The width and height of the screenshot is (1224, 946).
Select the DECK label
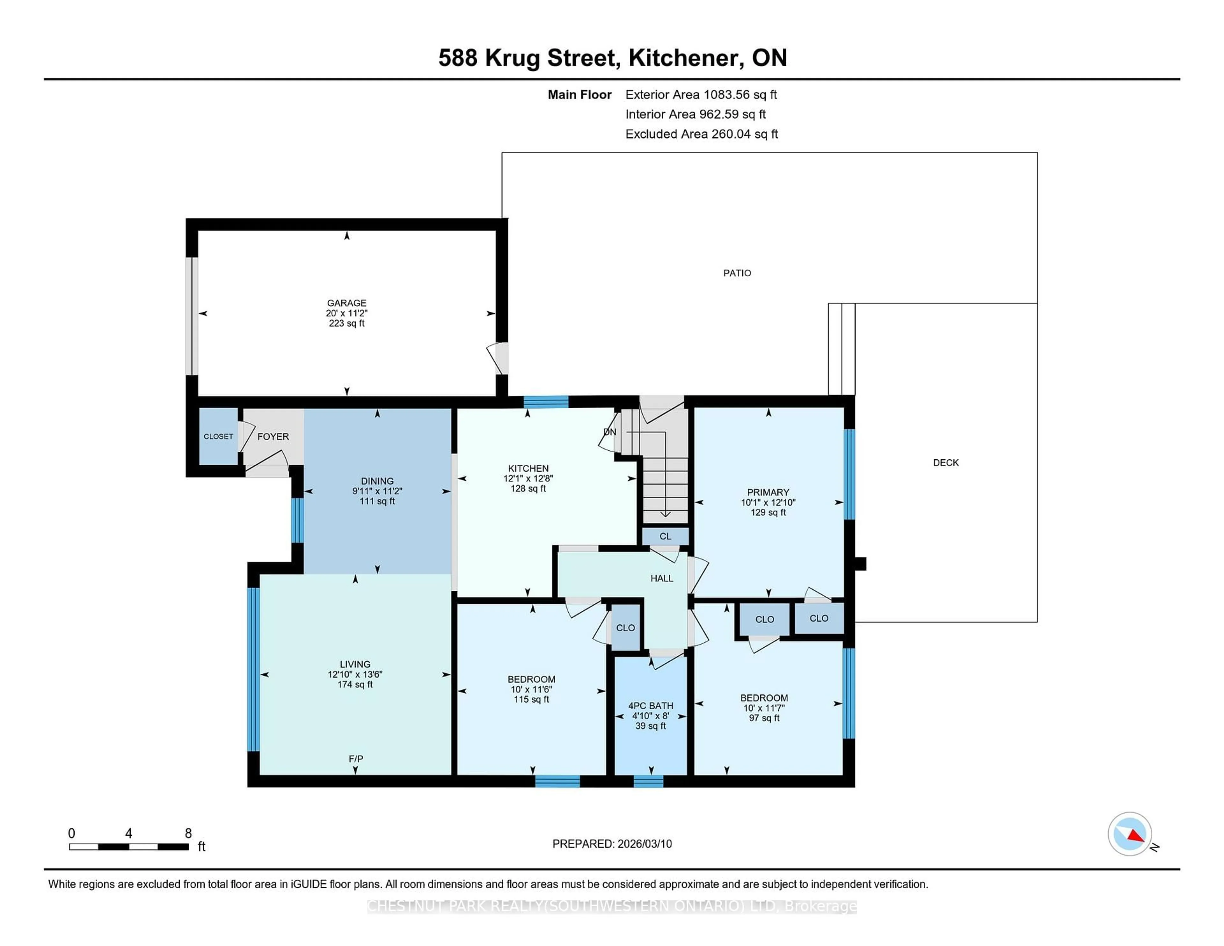click(945, 462)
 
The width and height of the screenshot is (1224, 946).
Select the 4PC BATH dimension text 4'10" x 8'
click(650, 716)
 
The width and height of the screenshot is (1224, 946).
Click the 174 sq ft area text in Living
click(355, 684)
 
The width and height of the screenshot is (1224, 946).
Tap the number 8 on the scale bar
click(188, 833)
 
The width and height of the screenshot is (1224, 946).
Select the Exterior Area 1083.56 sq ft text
click(701, 95)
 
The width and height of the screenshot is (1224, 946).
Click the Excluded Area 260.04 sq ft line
click(701, 134)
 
